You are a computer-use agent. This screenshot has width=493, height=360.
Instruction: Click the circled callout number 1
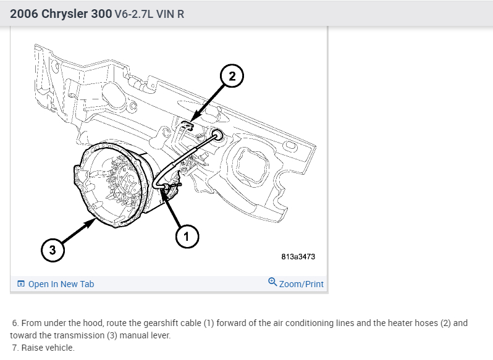tap(187, 235)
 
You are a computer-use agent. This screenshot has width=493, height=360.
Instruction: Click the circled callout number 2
tap(232, 77)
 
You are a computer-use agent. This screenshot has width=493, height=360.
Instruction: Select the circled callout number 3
tap(53, 250)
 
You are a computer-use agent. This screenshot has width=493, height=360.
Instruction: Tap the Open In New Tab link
tap(61, 284)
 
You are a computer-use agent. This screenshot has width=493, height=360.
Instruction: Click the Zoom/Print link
tap(301, 284)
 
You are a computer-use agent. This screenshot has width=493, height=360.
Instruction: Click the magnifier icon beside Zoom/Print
tap(272, 282)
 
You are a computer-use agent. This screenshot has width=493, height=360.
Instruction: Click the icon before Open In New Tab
tap(21, 284)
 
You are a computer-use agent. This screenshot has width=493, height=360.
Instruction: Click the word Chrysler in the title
tap(77, 13)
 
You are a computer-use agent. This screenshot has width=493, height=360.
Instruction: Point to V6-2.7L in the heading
tap(135, 14)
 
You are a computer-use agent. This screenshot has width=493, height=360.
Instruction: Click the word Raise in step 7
tap(33, 348)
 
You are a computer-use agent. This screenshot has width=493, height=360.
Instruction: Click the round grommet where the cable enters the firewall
tap(217, 135)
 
